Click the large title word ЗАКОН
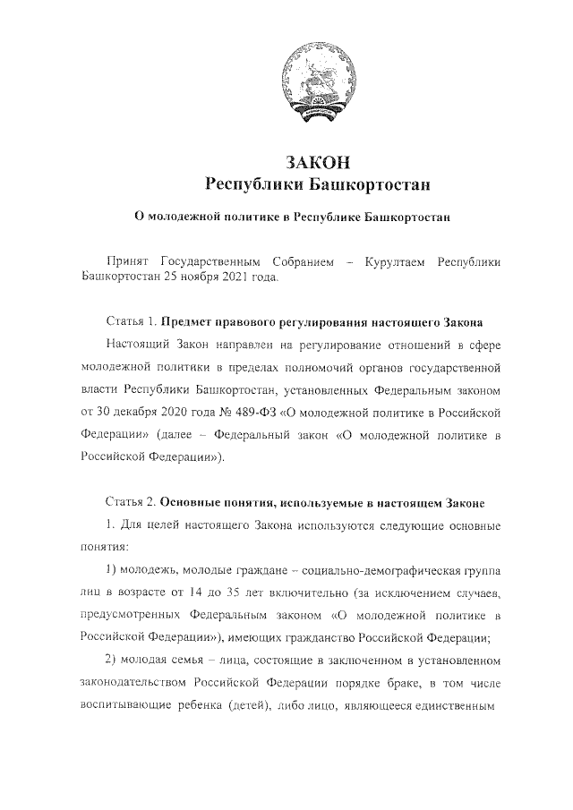315,162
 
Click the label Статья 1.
132,321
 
